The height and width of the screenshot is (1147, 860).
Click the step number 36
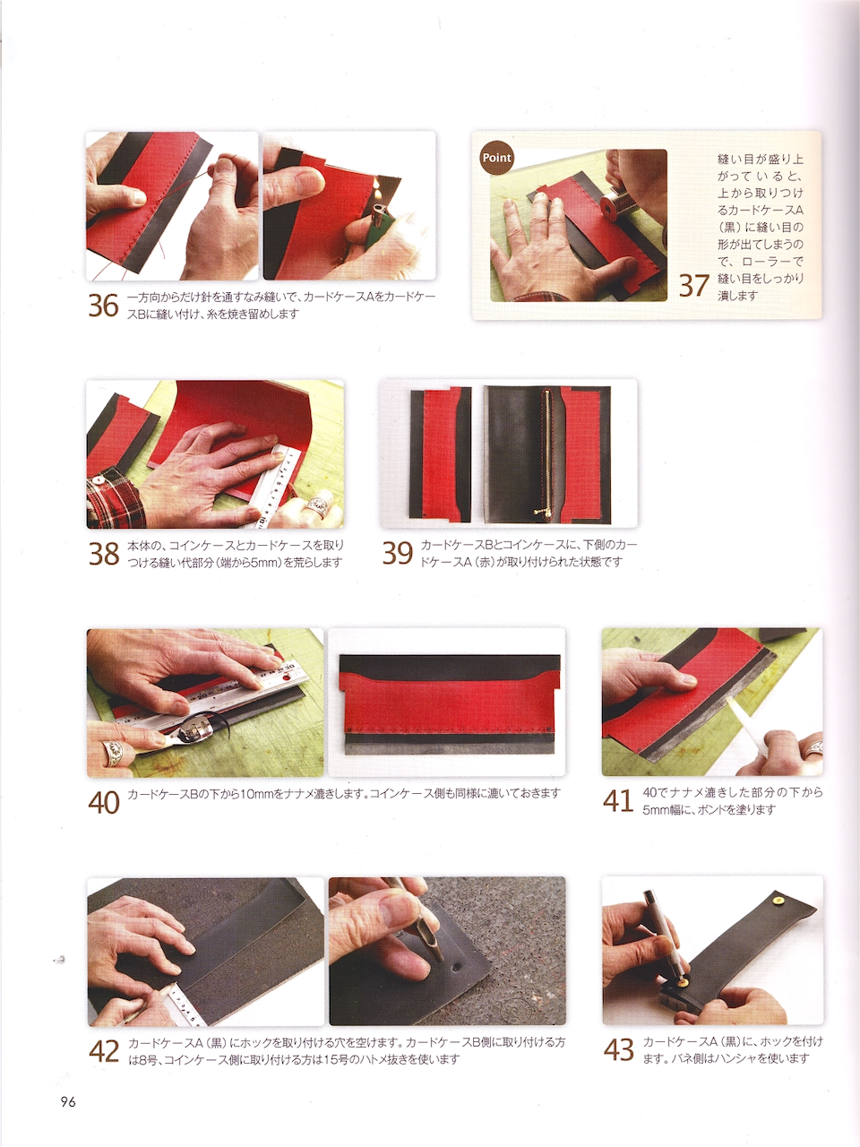[103, 306]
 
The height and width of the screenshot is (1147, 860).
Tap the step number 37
[694, 285]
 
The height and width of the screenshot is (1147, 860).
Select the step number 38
[104, 554]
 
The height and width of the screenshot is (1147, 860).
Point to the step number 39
[398, 554]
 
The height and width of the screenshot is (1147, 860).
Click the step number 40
[104, 802]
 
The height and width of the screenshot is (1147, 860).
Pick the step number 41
[618, 800]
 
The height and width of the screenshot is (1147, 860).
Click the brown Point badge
[496, 158]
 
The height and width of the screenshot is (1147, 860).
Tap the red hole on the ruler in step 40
[285, 678]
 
